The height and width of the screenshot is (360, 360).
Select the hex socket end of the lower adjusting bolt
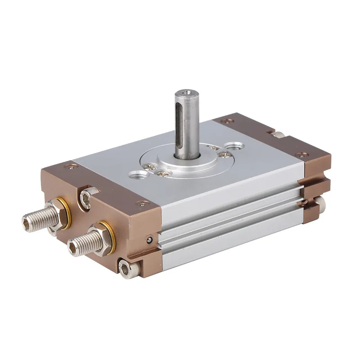point(74,246)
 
